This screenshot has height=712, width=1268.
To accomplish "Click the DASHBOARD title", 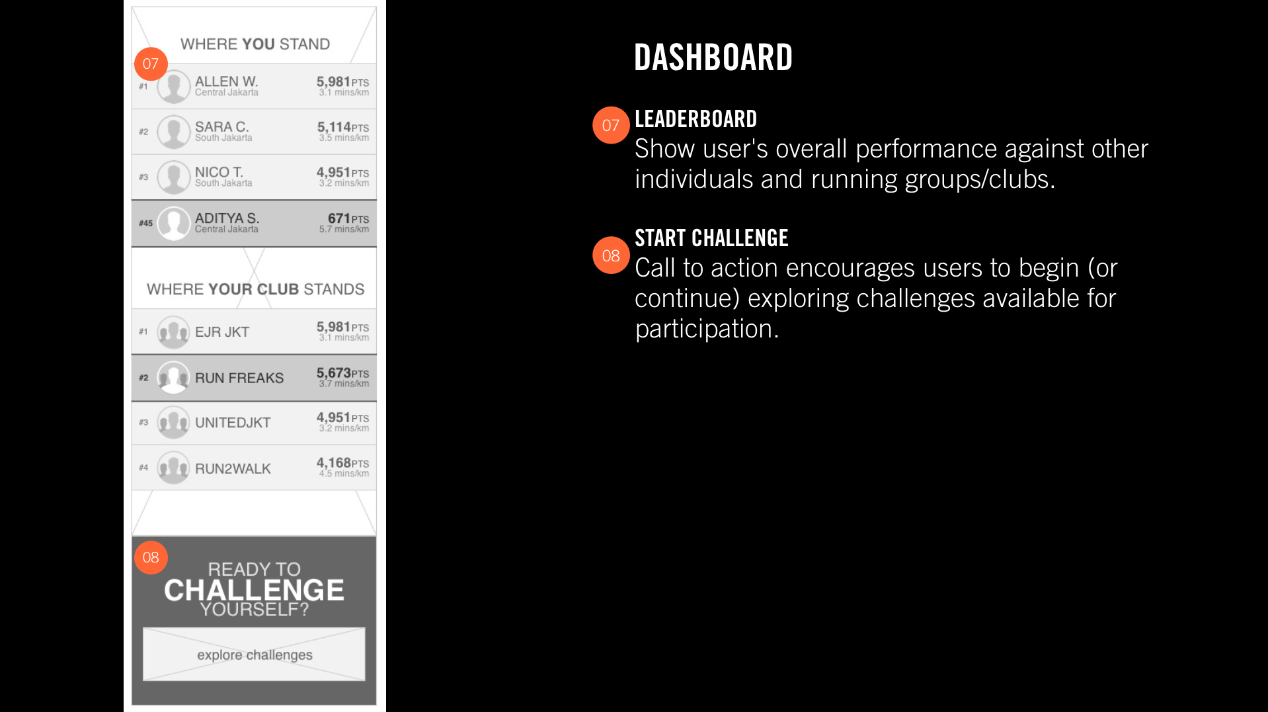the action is coord(713,58).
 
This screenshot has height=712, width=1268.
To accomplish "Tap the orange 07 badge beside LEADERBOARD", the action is coord(611,125).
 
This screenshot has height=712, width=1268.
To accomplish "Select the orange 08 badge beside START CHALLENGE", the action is coord(611,255).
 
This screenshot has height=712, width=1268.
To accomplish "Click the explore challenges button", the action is coord(254,654).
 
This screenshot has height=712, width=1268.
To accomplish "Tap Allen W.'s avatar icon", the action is coord(174,87).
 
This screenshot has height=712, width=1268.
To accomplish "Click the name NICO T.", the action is coord(219,172).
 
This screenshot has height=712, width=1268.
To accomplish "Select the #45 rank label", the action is coord(145,223).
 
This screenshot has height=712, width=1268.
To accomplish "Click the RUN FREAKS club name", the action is coord(239,378).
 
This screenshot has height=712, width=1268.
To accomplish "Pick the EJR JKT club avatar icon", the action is coord(174,332).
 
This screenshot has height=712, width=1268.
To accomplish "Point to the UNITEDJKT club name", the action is coord(233,422).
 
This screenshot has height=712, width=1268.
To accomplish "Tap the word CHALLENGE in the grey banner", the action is coord(254,590).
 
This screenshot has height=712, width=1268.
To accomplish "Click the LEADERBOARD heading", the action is coord(695,119).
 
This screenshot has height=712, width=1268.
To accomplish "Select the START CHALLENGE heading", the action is coord(711,238).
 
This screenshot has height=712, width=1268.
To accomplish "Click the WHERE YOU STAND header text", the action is coord(255,44).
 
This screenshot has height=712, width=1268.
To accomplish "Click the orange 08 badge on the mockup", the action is coord(151,557).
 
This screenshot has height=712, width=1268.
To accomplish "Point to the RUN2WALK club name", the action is coord(233,468).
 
